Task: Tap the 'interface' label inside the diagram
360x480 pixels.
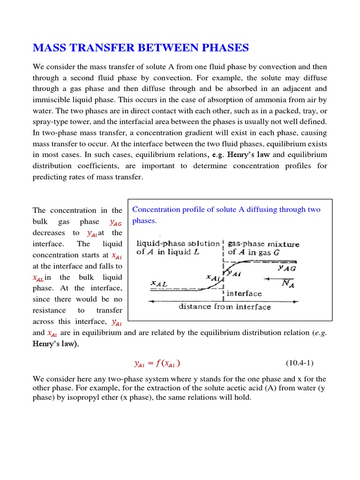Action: tap(244, 293)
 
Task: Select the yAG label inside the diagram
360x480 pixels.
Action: tap(286, 268)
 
